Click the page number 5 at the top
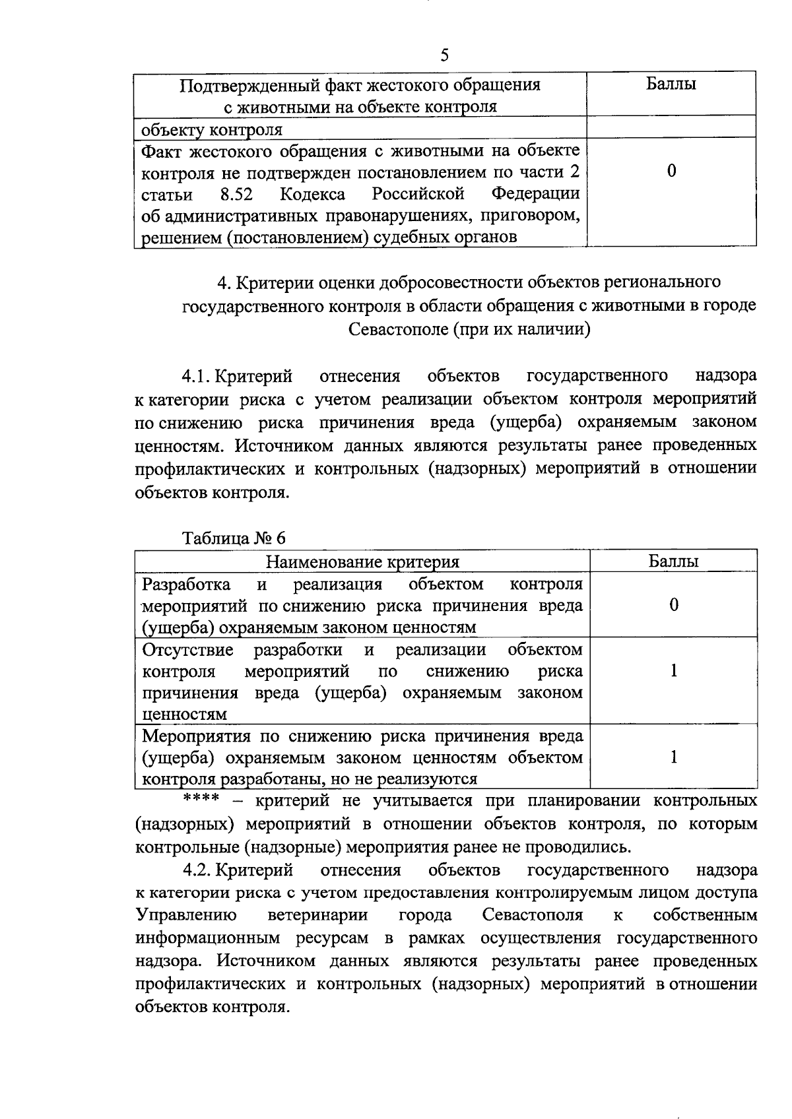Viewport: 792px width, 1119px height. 444,55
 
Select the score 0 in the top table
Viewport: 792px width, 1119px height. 671,172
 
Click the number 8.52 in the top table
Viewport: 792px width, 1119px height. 237,194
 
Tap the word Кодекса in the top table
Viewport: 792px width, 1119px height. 312,194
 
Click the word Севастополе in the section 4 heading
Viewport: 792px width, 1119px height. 398,329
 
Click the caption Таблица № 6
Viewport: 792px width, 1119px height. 234,538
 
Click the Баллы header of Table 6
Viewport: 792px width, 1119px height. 673,561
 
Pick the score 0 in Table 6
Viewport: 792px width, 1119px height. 673,605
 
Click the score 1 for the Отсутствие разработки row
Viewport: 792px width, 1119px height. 673,671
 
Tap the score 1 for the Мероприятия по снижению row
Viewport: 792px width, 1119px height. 673,757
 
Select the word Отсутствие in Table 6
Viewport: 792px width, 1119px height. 188,650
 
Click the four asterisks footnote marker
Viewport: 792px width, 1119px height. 201,798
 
